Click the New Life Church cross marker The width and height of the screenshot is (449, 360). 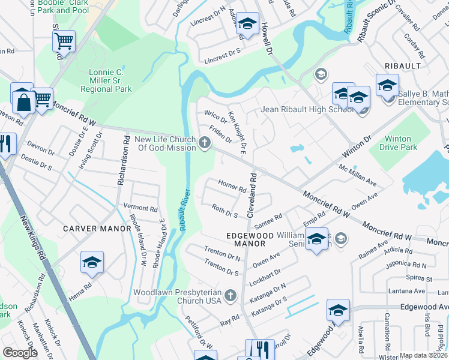coord(205,143)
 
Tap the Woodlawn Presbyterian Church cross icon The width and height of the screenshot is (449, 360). coord(231,295)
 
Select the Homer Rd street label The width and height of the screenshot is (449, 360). coord(232,186)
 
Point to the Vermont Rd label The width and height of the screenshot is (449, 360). coord(140,209)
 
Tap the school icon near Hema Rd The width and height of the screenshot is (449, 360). coord(92,262)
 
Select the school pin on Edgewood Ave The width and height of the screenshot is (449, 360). coord(338,310)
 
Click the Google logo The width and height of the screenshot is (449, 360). coord(20,353)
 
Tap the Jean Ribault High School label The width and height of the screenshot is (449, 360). coord(307,109)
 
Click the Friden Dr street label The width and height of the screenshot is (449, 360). coord(220,134)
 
